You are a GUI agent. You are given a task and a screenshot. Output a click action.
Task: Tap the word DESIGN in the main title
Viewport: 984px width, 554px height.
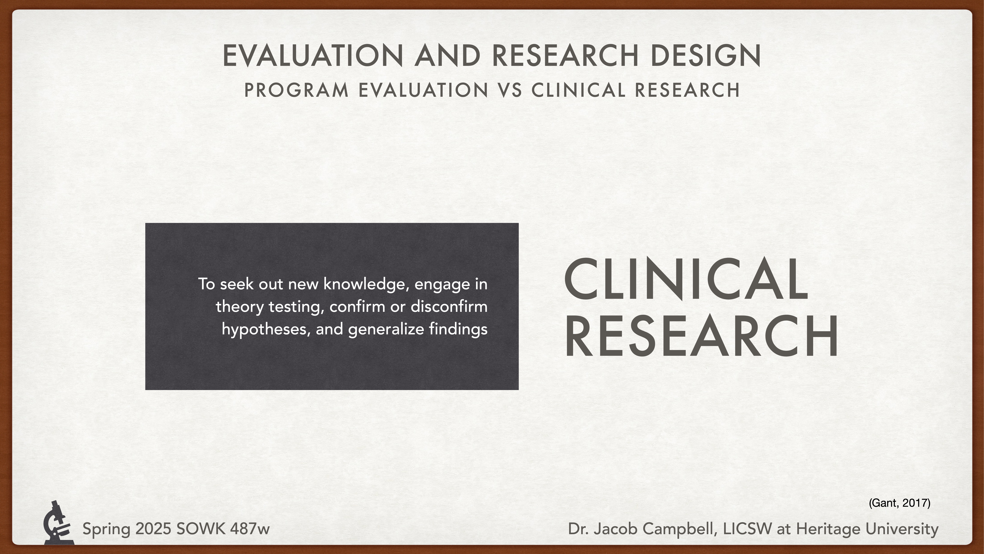(706, 55)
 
